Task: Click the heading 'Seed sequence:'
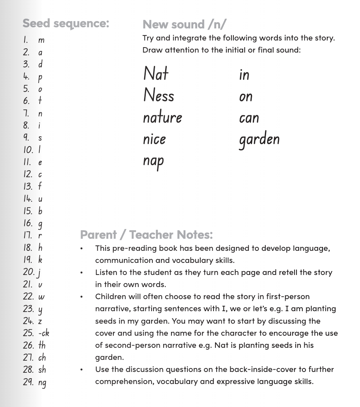65,23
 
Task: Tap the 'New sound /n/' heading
184,25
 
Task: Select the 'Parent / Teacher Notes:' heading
146,235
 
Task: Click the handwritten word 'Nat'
156,74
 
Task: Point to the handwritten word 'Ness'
159,95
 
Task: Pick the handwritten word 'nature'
162,117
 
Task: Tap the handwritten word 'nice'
154,139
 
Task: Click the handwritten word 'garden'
259,140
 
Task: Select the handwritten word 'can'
249,118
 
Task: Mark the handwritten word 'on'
246,96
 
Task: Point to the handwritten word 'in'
244,74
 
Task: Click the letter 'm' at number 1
41,40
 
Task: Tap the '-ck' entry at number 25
44,333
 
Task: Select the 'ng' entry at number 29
42,382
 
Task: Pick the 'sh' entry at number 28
42,370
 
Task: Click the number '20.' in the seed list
28,272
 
